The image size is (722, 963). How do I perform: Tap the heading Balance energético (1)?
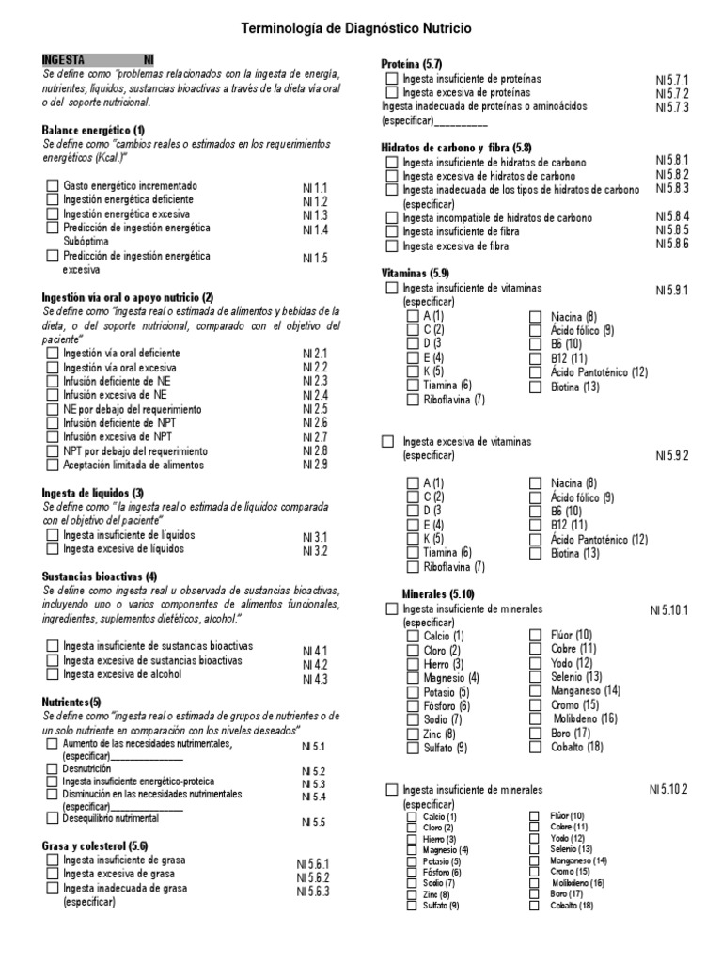94,129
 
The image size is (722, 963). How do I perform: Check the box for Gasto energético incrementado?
53,186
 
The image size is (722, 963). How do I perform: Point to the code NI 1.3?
315,215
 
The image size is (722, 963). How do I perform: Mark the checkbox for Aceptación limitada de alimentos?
53,466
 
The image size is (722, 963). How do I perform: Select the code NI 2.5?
315,409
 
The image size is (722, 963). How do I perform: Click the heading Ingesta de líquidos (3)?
93,493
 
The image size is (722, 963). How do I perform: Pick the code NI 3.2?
315,550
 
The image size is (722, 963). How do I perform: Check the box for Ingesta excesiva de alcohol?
53,674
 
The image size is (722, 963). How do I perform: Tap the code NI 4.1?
315,651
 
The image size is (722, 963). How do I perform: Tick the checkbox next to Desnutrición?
53,768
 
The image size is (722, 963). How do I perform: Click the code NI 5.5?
313,822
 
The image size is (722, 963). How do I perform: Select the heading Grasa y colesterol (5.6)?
96,846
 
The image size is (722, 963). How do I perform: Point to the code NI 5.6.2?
313,877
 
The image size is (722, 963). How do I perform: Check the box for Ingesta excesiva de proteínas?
392,93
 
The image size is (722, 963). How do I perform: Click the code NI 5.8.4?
672,216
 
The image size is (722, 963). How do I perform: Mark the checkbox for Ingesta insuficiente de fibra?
392,230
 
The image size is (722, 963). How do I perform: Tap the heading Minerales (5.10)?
438,594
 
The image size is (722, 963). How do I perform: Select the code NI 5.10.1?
669,610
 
